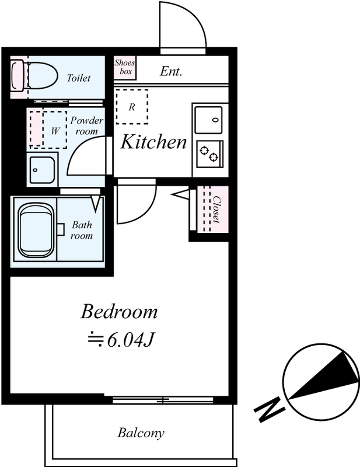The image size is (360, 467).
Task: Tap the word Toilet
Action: point(78,78)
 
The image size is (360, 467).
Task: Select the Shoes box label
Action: point(125,67)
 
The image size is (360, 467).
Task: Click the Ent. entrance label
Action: point(171,71)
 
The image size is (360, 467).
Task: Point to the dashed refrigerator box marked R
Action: point(132,107)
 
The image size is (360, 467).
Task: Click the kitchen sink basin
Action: point(208,120)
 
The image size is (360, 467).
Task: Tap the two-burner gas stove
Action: point(209,154)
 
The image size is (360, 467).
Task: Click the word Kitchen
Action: point(153,142)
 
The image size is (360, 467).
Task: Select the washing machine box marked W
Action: point(55,130)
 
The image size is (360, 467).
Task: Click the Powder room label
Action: point(87,126)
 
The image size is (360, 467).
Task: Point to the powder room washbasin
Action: point(42,169)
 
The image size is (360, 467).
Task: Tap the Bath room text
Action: point(82,230)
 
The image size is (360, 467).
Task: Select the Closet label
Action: point(216,209)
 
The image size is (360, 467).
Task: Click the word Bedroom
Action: point(119,312)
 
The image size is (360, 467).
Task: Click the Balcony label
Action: point(141,433)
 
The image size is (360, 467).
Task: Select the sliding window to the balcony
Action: point(163,400)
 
